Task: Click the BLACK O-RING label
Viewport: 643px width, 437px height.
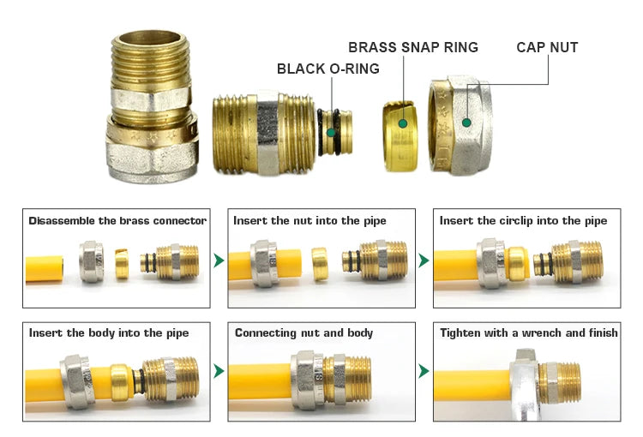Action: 328,69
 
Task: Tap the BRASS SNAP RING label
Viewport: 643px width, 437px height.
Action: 413,47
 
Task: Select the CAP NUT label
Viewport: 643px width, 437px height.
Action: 547,47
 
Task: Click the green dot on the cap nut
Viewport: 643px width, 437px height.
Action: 466,123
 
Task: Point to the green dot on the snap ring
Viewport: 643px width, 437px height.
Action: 401,123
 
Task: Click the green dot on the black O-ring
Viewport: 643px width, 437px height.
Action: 331,131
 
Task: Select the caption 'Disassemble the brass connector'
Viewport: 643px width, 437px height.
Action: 117,221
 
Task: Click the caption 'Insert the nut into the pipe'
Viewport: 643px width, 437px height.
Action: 309,221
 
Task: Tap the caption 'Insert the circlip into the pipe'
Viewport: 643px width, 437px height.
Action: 523,221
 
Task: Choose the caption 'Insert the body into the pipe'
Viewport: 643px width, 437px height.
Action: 109,332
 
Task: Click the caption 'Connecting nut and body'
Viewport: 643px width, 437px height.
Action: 303,332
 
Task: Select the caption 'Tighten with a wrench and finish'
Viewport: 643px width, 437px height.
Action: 528,332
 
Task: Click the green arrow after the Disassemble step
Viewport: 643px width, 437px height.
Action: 219,260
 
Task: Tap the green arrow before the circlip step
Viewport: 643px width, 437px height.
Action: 424,260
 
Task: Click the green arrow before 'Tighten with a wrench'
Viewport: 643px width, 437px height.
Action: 424,371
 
